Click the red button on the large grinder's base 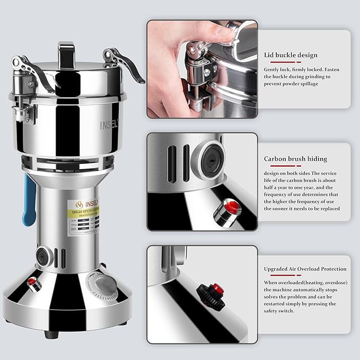32,282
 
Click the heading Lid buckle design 291,55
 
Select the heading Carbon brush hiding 295,159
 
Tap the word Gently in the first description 273,69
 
